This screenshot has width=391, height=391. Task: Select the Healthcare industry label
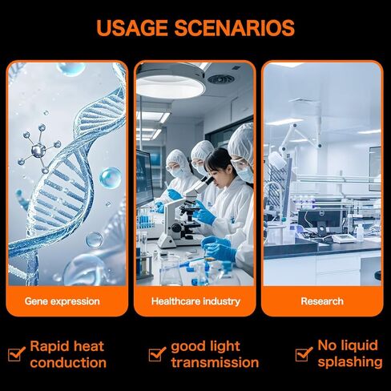(x=195, y=302)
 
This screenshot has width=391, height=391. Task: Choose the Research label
(x=322, y=302)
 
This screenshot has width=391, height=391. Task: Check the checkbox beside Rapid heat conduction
(x=16, y=354)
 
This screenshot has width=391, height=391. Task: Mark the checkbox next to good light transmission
(x=157, y=354)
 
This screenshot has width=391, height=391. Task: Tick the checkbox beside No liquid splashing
(x=304, y=354)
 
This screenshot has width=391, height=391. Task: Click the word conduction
(x=68, y=363)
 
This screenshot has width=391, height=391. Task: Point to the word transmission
(x=215, y=363)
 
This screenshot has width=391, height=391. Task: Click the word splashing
(x=349, y=363)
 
